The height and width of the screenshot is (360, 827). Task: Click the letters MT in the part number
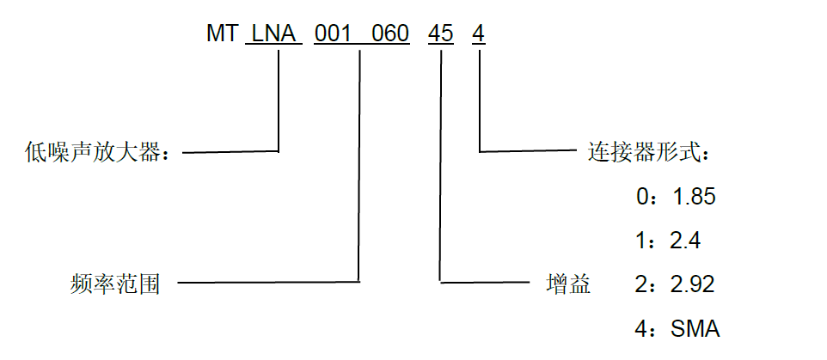pos(222,34)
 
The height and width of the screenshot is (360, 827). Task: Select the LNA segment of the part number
pos(273,34)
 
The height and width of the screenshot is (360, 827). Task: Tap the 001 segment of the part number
pos(333,34)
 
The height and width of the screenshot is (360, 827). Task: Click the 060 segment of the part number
pos(390,34)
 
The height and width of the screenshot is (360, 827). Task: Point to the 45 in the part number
pos(440,34)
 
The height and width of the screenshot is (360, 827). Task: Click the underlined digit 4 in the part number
pos(478,34)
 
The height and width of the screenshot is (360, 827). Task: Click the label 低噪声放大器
pos(99,153)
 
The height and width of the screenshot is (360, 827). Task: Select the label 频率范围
pos(114,284)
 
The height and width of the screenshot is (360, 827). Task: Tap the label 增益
pos(568,284)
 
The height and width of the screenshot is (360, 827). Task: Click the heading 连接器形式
pos(648,153)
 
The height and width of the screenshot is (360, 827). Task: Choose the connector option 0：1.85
pos(676,197)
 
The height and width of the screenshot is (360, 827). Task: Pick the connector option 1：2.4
pos(668,241)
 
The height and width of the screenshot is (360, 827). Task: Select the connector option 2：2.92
pos(675,284)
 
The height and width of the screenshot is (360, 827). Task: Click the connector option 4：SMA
pos(677,329)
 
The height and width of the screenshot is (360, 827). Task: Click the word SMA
pos(695,329)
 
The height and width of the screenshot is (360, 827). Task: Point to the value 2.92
pos(693,284)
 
